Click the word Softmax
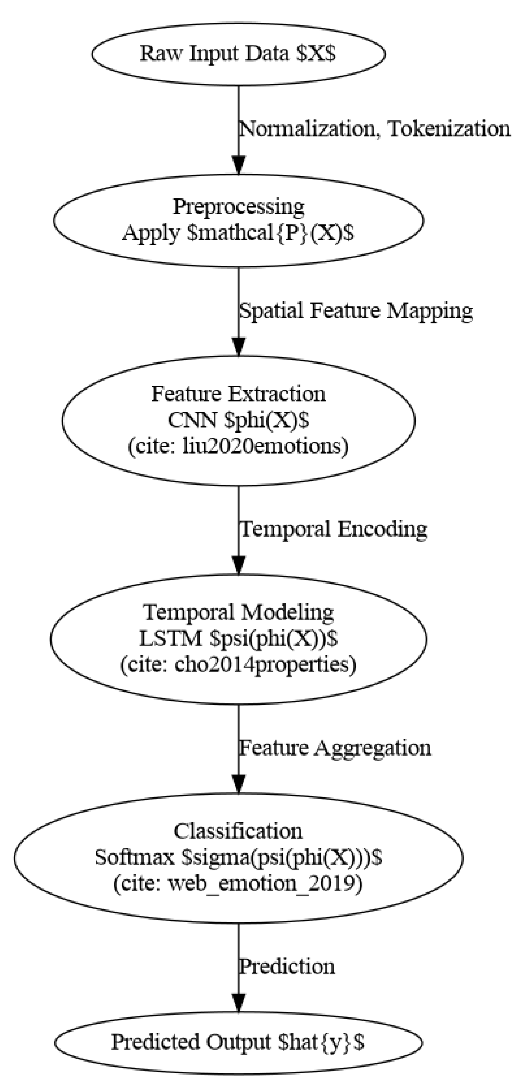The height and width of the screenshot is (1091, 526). click(135, 858)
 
